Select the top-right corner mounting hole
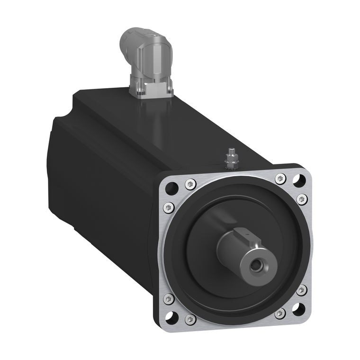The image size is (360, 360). coord(299,180)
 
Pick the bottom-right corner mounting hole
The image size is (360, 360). coord(298,309)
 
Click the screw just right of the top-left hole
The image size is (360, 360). coord(190,184)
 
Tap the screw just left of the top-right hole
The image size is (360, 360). coord(280,178)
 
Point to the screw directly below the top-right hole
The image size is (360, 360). coord(301,198)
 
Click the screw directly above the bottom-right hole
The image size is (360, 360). coord(301,289)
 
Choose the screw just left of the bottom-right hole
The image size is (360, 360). coord(281,313)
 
